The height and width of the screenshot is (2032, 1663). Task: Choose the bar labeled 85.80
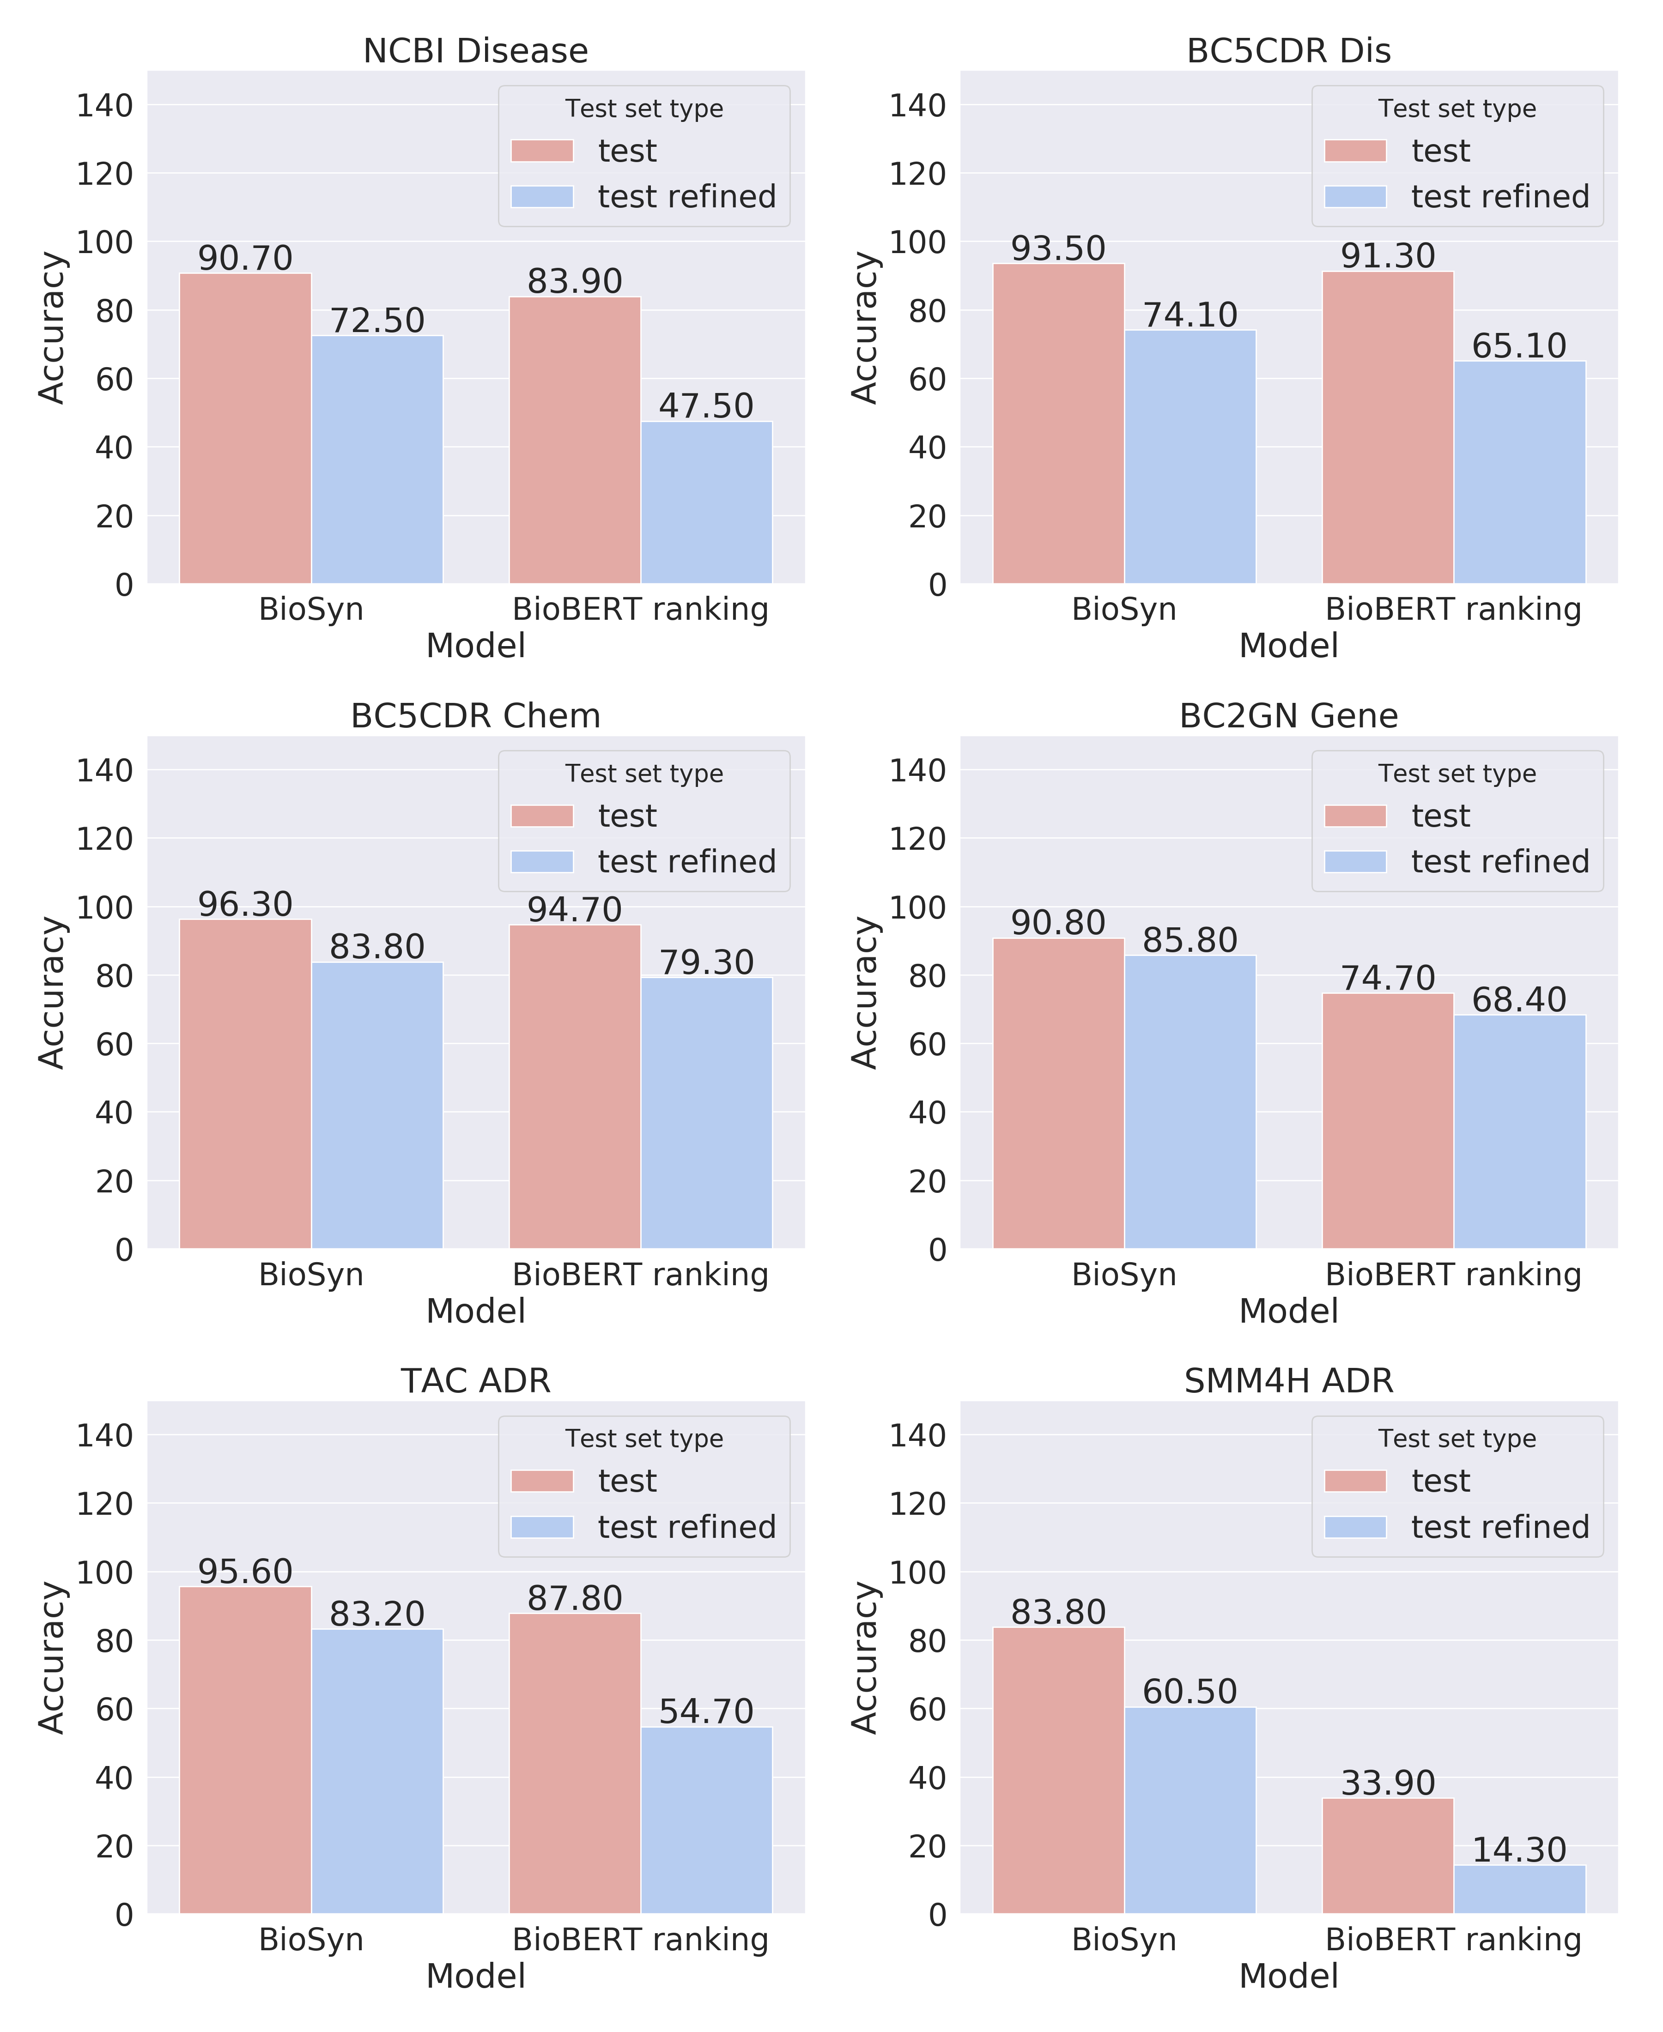[1190, 1101]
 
